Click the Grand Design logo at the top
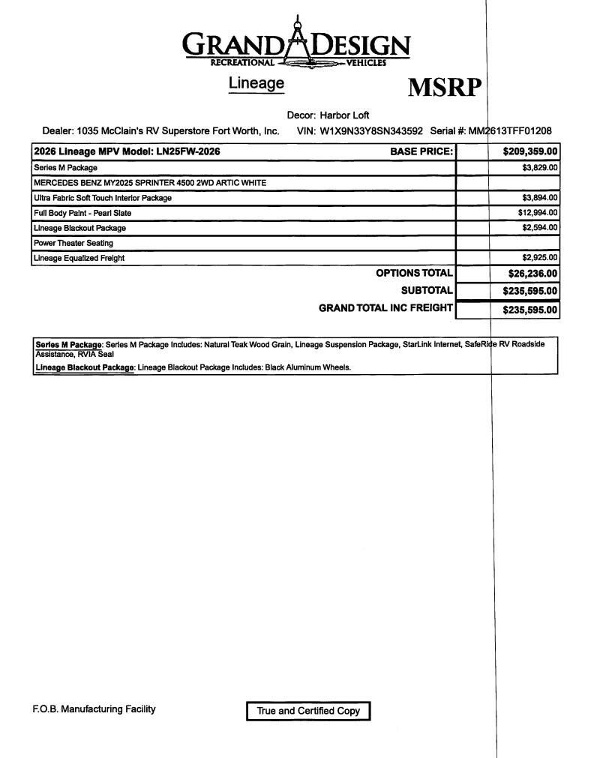(x=297, y=44)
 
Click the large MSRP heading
(x=444, y=88)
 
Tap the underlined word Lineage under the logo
(x=256, y=83)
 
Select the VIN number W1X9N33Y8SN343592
(x=371, y=130)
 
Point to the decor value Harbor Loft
(x=344, y=115)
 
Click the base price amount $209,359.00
(x=530, y=151)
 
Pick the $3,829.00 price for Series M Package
(x=540, y=168)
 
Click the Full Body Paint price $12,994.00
(x=538, y=213)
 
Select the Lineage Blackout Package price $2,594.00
(x=540, y=228)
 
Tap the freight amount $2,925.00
(x=540, y=258)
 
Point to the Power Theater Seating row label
(x=73, y=243)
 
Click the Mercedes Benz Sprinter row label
(x=150, y=183)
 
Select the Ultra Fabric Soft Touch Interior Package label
(x=103, y=198)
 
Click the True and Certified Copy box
(x=308, y=711)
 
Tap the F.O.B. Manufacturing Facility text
(x=94, y=709)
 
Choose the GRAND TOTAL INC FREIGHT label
(x=385, y=307)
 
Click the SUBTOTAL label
(x=427, y=290)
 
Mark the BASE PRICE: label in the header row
(x=421, y=151)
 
